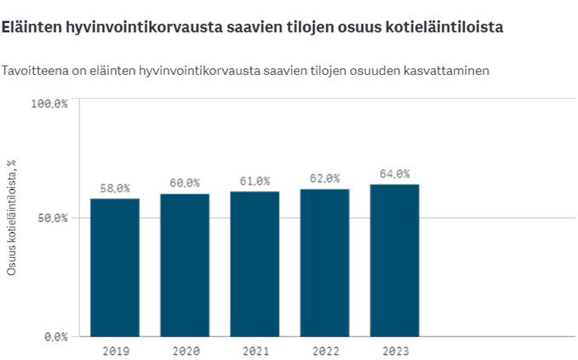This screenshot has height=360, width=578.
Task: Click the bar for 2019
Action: [x=115, y=267]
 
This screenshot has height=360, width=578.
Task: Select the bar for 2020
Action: [x=185, y=265]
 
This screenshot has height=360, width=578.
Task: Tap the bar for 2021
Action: [x=255, y=264]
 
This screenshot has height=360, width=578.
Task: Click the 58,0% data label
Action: [x=115, y=187]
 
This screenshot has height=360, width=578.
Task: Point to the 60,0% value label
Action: [x=185, y=183]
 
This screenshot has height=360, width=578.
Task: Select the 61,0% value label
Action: [x=255, y=180]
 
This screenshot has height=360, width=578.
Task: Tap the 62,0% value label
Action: [x=324, y=178]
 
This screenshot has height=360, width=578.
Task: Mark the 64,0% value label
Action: [x=394, y=174]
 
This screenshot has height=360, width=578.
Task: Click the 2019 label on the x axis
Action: [x=115, y=350]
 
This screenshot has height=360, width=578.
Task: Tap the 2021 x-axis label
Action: [x=255, y=350]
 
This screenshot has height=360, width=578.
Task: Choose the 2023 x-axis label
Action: [x=394, y=350]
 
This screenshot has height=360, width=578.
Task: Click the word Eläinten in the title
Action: [x=31, y=27]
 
